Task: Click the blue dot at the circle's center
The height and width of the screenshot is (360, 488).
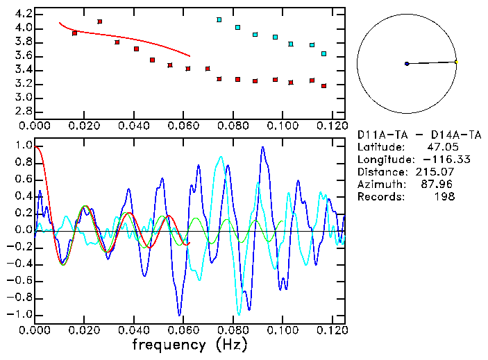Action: click(x=407, y=64)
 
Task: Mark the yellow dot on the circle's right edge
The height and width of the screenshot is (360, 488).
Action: click(x=456, y=62)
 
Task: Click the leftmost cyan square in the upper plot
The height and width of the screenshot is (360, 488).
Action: click(x=219, y=19)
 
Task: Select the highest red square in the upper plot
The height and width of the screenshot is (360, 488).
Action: click(x=100, y=22)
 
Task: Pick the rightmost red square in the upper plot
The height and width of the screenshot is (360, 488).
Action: click(x=324, y=86)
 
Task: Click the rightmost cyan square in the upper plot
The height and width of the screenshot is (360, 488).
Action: click(x=324, y=53)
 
